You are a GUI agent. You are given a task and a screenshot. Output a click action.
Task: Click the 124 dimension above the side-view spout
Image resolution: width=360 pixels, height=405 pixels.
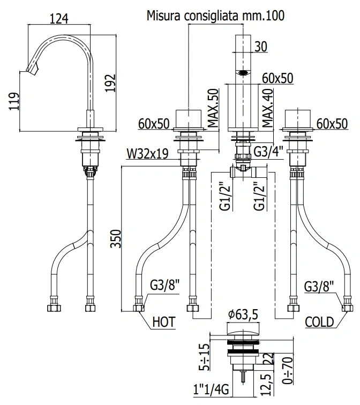point(59,19)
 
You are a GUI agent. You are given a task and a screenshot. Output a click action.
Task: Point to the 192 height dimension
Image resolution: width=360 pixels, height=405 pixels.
point(110,83)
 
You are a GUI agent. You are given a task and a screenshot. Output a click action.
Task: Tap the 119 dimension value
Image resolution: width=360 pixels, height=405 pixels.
point(14,101)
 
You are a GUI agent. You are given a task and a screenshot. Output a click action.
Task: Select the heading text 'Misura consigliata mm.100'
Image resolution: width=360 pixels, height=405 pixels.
point(216,16)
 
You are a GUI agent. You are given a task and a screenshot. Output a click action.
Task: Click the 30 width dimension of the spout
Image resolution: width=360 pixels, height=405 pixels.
point(261,47)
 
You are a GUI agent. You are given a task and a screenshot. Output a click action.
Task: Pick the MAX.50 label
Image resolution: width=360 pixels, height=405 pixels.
point(214,108)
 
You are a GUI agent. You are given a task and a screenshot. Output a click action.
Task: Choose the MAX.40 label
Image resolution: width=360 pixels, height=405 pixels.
point(268,108)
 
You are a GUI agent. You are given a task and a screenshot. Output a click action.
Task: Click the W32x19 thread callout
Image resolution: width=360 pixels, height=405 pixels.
point(147,154)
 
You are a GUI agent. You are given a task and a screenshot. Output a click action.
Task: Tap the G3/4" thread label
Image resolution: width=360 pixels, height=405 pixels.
point(269,152)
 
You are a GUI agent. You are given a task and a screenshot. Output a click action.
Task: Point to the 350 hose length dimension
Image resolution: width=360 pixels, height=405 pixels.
point(116,239)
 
